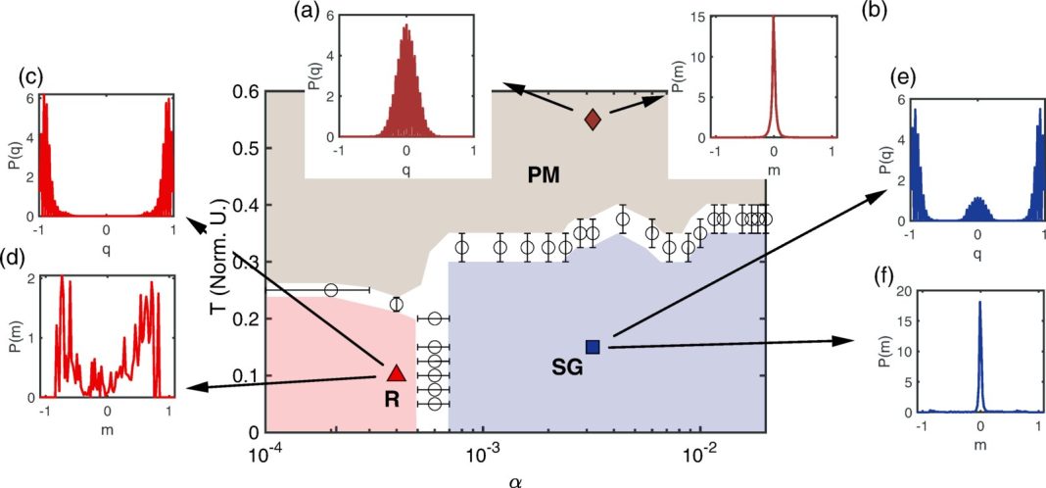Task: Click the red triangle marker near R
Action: point(396,371)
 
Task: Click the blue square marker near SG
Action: point(593,347)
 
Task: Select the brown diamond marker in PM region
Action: point(593,119)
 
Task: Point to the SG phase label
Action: point(567,367)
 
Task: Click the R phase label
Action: point(392,400)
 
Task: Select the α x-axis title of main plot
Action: point(515,479)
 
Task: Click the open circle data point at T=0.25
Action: point(331,290)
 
